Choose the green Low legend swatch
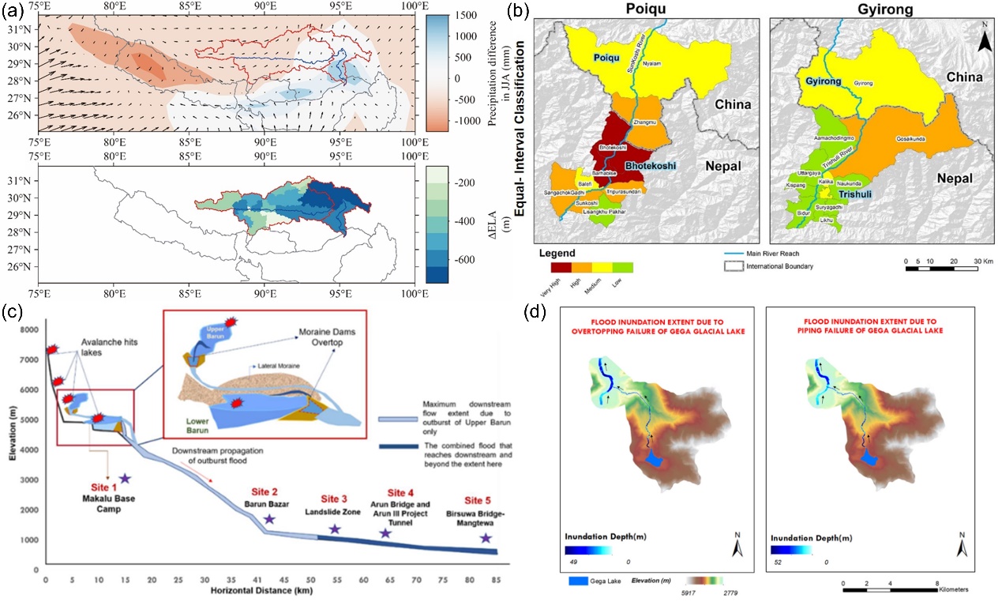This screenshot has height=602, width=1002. coord(623,266)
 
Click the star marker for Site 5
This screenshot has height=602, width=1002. coord(486,538)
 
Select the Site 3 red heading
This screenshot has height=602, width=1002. coord(334,499)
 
